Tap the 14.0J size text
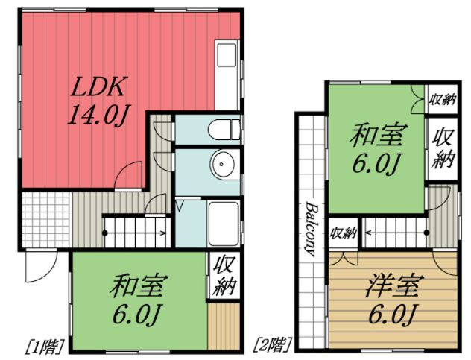[x=100, y=116]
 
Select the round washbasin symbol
[x=222, y=164]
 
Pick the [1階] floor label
[x=45, y=345]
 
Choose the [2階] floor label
[x=273, y=345]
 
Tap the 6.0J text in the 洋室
[x=393, y=314]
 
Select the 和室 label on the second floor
[x=379, y=136]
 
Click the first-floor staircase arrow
[x=134, y=233]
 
